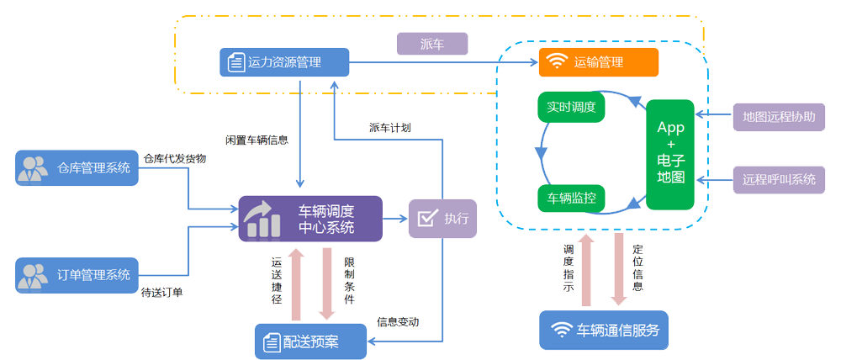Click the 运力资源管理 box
click(x=284, y=61)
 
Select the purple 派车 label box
click(x=431, y=44)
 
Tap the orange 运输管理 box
click(x=598, y=61)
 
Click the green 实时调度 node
click(x=571, y=108)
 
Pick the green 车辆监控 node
click(x=571, y=199)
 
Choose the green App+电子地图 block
click(x=670, y=154)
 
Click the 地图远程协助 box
click(x=779, y=117)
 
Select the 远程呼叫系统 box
click(x=779, y=178)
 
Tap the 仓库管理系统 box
click(x=77, y=167)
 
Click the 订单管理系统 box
click(x=77, y=274)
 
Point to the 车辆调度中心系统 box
click(x=309, y=219)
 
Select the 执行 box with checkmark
click(x=442, y=219)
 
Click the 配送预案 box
click(x=310, y=341)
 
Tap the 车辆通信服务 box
click(x=604, y=330)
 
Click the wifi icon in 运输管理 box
click(x=556, y=61)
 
